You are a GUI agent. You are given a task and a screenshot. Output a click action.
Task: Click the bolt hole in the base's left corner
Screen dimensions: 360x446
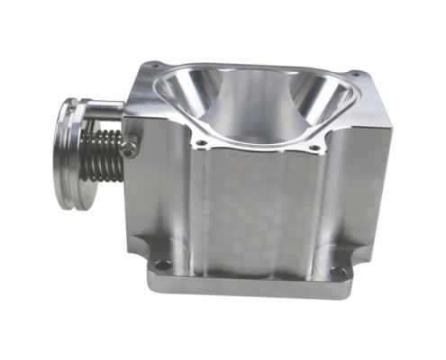point(163,265)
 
